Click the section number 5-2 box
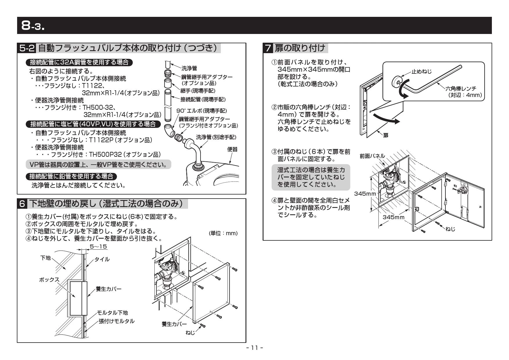[x=27, y=48]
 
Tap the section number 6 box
[x=23, y=204]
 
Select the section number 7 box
[x=268, y=48]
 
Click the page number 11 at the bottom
[x=255, y=348]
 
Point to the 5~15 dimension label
[x=98, y=247]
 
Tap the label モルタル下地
[x=112, y=313]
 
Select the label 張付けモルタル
[x=117, y=321]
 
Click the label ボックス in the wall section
[x=49, y=280]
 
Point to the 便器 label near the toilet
[x=232, y=149]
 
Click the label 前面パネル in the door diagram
[x=372, y=156]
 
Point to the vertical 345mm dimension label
[x=365, y=194]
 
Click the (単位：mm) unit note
[x=223, y=233]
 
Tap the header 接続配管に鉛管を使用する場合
[x=71, y=176]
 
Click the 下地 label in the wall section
[x=45, y=258]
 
